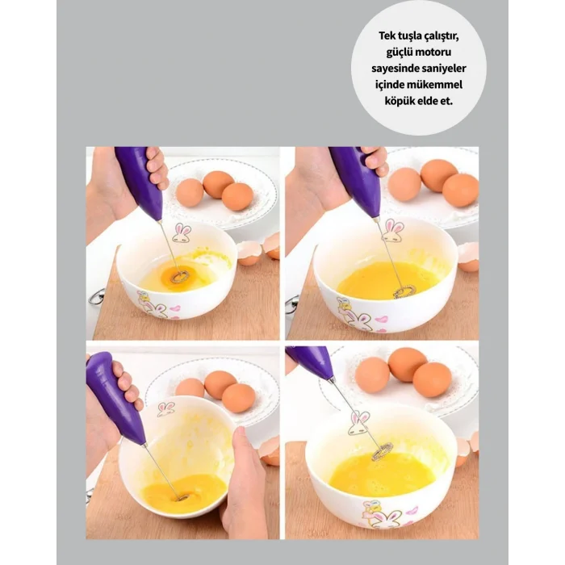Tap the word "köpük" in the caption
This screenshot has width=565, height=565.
coord(396,101)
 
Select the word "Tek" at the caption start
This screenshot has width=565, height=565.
coord(386,36)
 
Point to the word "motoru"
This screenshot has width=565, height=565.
coord(433,52)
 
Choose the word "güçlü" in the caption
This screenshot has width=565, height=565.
coord(400,52)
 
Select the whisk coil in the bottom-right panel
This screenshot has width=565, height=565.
coord(381,453)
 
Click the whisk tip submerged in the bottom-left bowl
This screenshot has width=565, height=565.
coord(183,498)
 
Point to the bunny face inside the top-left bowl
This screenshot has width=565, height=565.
coord(181,233)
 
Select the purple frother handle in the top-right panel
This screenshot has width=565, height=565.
coord(358,182)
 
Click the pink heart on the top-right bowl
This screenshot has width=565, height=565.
coord(381,320)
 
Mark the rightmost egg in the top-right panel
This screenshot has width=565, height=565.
coord(460,190)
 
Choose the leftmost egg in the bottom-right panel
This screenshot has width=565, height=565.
coord(373,376)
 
